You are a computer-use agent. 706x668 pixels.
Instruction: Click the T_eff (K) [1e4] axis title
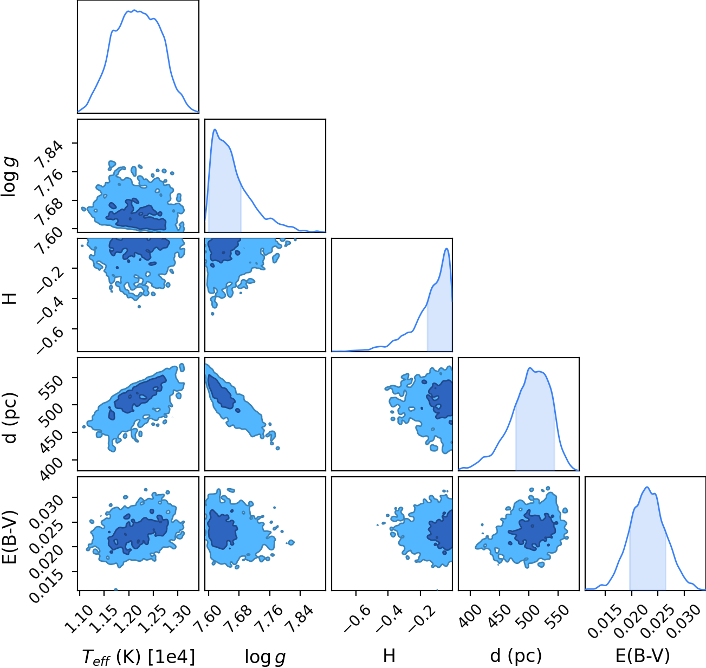click(139, 657)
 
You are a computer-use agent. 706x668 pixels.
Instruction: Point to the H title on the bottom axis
click(389, 656)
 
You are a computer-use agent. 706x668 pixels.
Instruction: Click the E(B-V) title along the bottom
click(643, 656)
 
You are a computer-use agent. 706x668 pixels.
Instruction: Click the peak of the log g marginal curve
click(215, 129)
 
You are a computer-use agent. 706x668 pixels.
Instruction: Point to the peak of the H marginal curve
click(446, 249)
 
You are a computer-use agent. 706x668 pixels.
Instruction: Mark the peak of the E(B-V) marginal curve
click(647, 488)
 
